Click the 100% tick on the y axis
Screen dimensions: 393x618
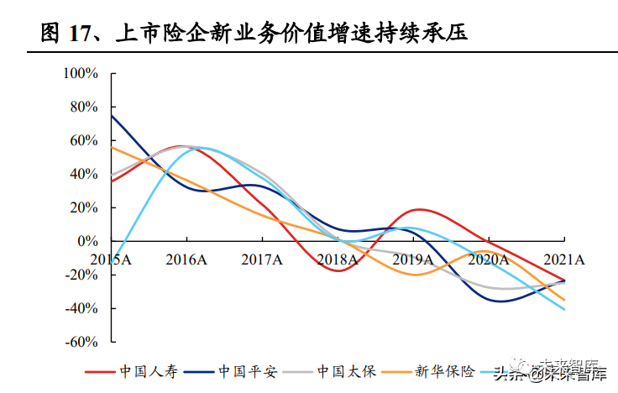pos(82,74)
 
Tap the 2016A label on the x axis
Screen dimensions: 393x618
pos(186,259)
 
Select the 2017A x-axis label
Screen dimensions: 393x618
pos(261,259)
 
